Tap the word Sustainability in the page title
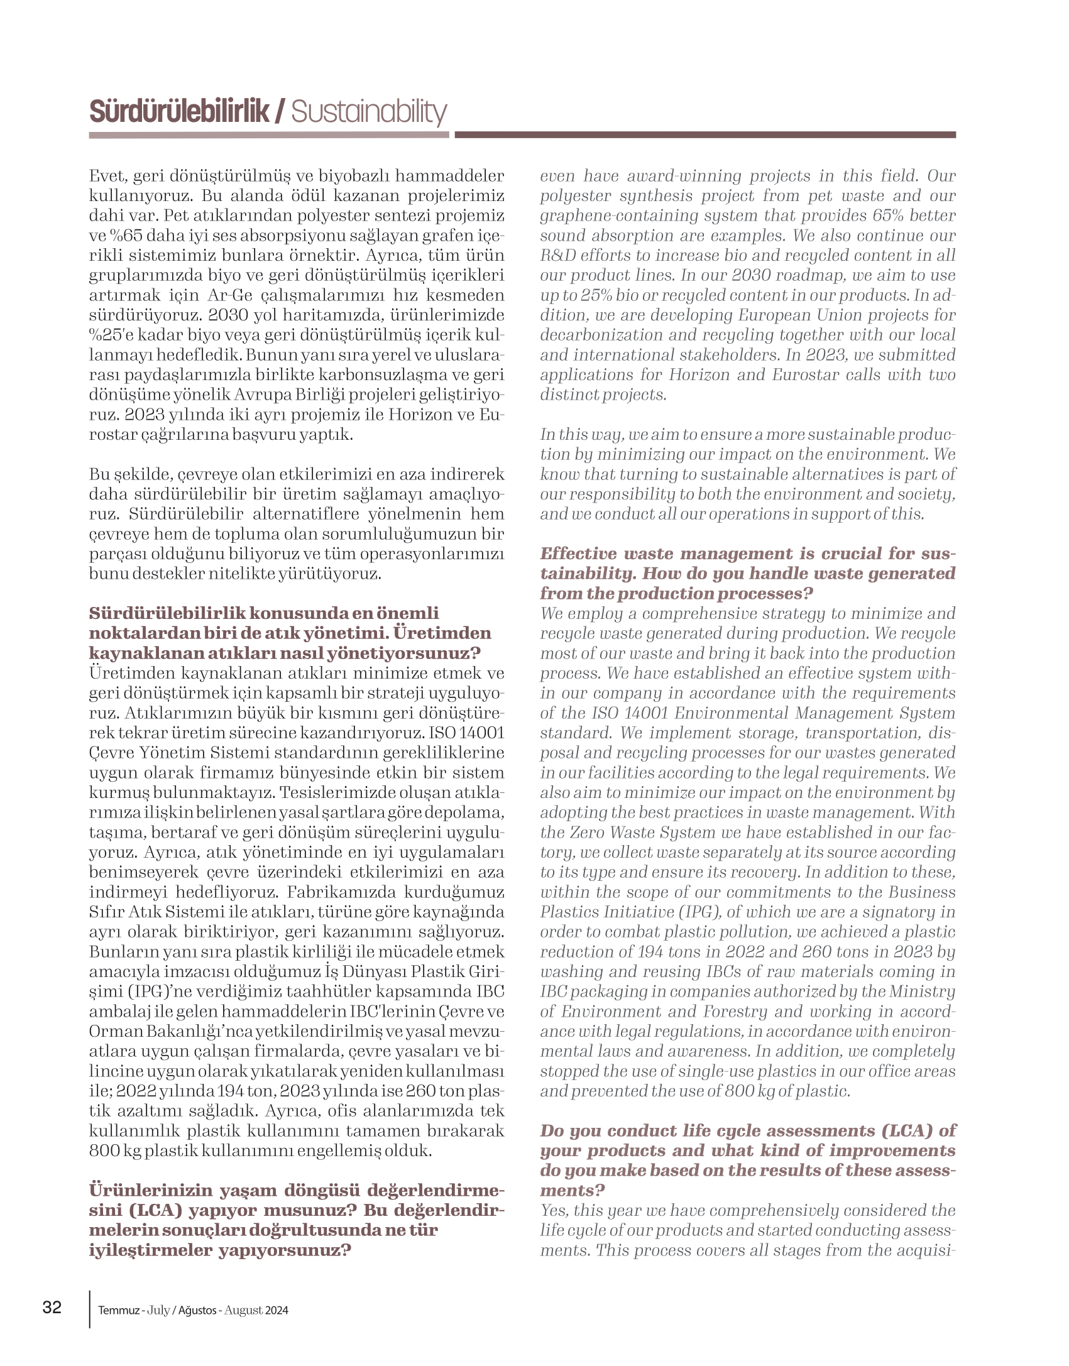click(369, 112)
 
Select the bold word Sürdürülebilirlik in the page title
click(178, 112)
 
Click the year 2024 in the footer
click(277, 1311)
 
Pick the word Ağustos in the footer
click(197, 1311)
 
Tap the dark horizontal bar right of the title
click(704, 134)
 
